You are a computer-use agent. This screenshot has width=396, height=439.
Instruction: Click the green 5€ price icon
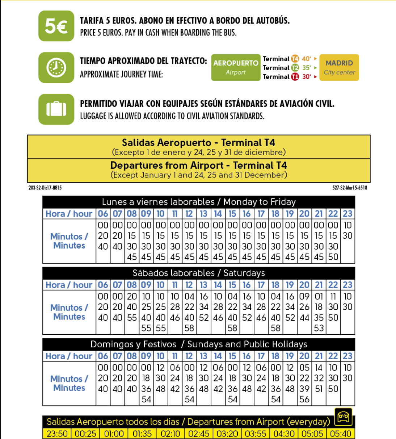56,26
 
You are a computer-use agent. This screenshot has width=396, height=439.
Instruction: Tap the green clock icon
56,67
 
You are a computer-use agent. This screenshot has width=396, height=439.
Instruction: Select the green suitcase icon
56,109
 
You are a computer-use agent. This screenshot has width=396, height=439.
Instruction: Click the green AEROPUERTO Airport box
236,67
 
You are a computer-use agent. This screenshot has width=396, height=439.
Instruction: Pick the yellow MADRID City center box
339,67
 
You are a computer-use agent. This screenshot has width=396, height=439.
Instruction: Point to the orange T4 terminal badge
295,59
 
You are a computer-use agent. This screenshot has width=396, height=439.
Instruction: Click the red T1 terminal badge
295,77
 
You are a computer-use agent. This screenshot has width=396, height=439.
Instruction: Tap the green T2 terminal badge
295,68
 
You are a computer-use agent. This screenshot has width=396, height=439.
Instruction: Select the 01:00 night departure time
114,434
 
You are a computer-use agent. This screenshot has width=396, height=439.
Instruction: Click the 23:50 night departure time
57,434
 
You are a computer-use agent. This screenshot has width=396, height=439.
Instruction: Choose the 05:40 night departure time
341,434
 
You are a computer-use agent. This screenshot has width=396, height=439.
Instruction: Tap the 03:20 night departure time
227,434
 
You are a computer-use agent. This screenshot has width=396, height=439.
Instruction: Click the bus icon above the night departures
343,417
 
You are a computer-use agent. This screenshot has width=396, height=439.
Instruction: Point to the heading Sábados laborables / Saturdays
198,273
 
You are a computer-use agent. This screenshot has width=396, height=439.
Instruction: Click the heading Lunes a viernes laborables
198,202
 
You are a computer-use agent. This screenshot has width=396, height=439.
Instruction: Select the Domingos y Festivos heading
198,344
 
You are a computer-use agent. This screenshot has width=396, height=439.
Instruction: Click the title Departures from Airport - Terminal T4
198,166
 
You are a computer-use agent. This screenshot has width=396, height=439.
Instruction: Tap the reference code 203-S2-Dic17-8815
45,188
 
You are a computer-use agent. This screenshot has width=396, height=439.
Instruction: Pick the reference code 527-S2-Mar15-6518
350,188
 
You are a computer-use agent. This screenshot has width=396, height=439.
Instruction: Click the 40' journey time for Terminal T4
307,59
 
